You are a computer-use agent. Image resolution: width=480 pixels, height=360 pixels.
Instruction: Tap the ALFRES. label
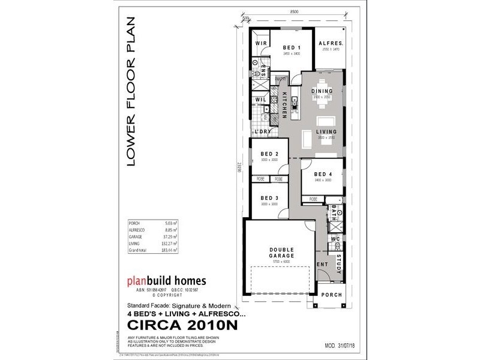click(331, 44)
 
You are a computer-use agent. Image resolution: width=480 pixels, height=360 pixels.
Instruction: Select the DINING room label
click(322, 91)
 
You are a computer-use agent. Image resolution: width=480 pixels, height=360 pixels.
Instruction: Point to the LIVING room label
click(327, 131)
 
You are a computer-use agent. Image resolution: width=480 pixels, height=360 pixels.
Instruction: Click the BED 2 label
click(269, 154)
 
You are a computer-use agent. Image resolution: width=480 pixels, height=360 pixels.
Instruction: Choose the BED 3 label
click(269, 198)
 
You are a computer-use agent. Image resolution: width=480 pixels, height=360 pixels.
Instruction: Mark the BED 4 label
click(322, 174)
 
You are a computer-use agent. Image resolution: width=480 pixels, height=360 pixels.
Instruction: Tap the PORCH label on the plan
click(331, 295)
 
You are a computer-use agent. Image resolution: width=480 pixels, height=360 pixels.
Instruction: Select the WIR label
click(261, 44)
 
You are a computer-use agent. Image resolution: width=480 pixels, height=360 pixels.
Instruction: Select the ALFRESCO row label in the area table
click(139, 230)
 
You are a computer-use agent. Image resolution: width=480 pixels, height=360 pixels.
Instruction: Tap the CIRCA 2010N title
click(183, 325)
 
